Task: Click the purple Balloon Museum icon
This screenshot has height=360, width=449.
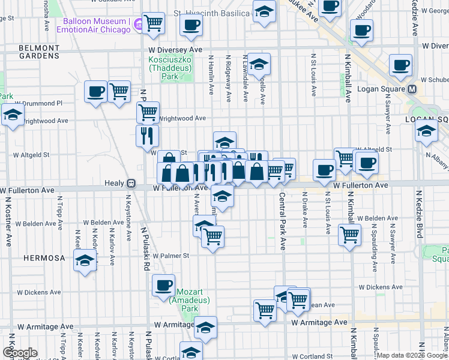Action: click(137, 25)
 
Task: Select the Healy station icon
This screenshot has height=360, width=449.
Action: click(130, 183)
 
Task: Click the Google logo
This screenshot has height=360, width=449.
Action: click(20, 353)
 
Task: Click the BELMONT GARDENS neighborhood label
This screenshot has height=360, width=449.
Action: click(38, 52)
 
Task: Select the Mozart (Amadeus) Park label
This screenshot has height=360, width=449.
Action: click(188, 301)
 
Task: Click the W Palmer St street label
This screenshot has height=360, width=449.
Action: click(170, 255)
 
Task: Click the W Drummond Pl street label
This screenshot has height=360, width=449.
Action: click(39, 103)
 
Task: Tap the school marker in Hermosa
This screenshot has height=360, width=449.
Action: click(85, 261)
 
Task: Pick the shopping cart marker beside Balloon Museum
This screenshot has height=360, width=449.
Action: click(154, 23)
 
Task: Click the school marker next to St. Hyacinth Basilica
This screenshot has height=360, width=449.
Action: click(264, 12)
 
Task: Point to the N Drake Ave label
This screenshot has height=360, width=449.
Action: click(305, 209)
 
